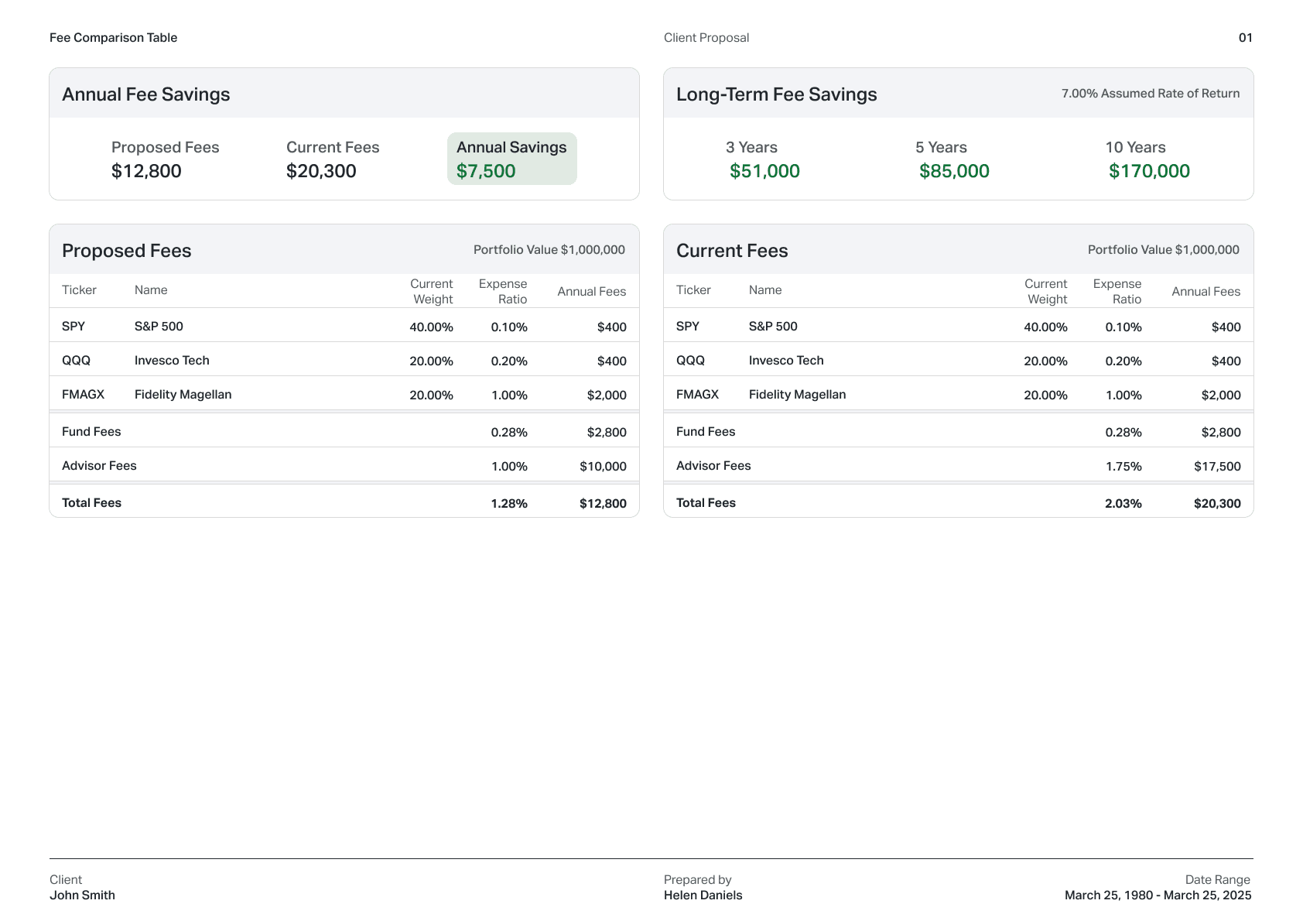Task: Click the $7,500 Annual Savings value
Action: pyautogui.click(x=486, y=171)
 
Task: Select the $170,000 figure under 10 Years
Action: pyautogui.click(x=1149, y=171)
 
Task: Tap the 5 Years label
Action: pyautogui.click(x=941, y=147)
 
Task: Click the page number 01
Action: pyautogui.click(x=1245, y=38)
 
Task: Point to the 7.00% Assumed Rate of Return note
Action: pyautogui.click(x=1150, y=94)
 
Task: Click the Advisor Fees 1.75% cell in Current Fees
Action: pyautogui.click(x=1123, y=466)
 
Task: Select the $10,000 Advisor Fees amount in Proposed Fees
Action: pyautogui.click(x=603, y=466)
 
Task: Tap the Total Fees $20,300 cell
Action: pyautogui.click(x=1216, y=503)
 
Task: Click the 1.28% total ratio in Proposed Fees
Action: pyautogui.click(x=508, y=503)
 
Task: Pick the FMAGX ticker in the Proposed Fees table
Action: pyautogui.click(x=83, y=395)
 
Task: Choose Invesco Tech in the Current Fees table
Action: pyautogui.click(x=785, y=361)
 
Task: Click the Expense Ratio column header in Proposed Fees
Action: pyautogui.click(x=503, y=292)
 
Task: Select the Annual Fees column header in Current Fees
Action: pyautogui.click(x=1206, y=292)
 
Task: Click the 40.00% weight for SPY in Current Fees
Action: pyautogui.click(x=1045, y=327)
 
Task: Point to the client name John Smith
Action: pyautogui.click(x=82, y=895)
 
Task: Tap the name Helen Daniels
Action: pyautogui.click(x=703, y=895)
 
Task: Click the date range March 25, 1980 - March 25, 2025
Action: pyautogui.click(x=1158, y=895)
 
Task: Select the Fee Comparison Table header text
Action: pyautogui.click(x=113, y=38)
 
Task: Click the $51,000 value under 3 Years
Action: pyautogui.click(x=764, y=171)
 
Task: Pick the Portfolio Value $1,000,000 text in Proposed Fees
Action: pyautogui.click(x=549, y=250)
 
